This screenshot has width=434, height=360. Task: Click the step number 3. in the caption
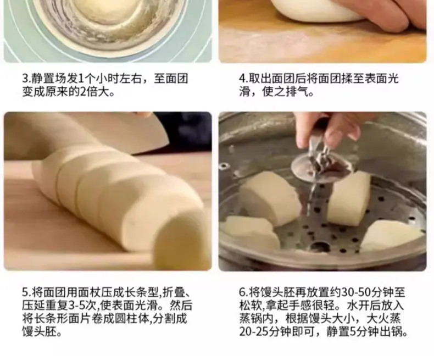point(26,79)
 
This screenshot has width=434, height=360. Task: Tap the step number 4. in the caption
point(243,79)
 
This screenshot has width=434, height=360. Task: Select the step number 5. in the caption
point(26,292)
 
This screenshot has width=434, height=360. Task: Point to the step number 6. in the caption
point(243,292)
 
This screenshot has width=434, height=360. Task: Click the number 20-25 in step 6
point(254,332)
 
